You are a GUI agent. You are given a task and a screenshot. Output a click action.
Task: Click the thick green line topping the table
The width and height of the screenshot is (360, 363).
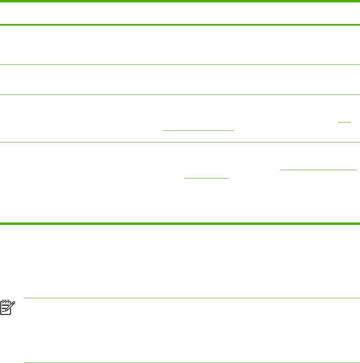tap(180, 1)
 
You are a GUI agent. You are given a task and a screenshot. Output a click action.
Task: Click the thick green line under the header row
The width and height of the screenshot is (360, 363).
tap(180, 25)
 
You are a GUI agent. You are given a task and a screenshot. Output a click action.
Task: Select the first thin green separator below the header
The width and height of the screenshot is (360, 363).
tap(180, 64)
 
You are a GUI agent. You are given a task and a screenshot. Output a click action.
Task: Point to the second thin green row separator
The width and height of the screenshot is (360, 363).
tap(180, 94)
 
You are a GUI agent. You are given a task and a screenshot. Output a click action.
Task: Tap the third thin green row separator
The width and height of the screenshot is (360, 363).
tap(180, 142)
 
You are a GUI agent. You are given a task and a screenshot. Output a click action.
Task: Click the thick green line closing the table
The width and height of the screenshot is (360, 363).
tap(180, 223)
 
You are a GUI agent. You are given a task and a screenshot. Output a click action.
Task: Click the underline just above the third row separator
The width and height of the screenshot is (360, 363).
tap(198, 130)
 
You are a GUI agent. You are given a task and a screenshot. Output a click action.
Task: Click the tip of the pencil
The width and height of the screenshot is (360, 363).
tap(6, 313)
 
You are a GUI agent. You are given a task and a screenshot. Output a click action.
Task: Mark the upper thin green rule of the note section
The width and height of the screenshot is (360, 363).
tap(192, 298)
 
